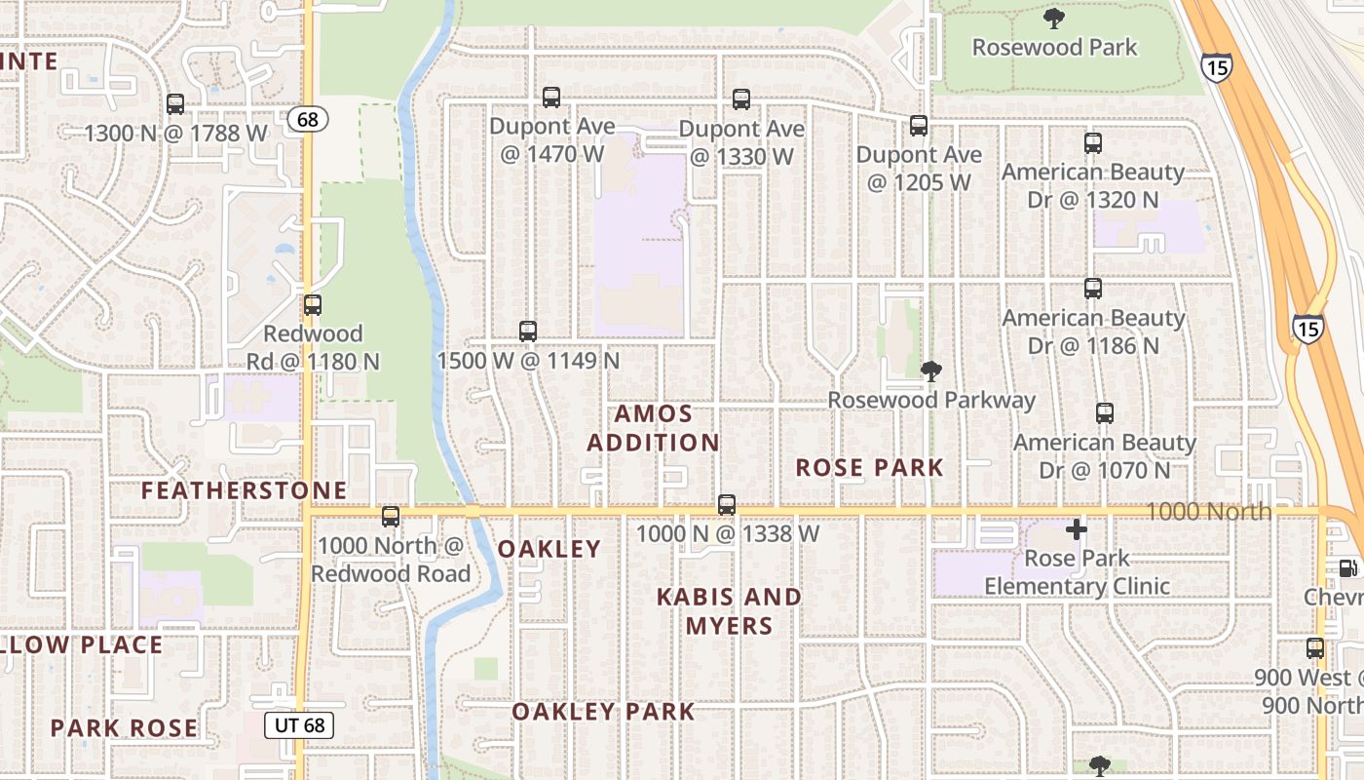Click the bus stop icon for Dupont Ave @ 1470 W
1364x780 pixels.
(x=551, y=97)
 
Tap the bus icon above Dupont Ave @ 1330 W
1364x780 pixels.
(x=741, y=99)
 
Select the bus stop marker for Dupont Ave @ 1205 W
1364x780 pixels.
(x=919, y=126)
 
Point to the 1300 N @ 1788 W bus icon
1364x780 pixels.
(x=175, y=104)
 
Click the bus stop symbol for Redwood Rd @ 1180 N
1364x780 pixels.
(x=313, y=305)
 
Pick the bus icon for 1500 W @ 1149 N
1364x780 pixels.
(x=528, y=331)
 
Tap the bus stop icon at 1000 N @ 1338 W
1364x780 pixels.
(x=727, y=505)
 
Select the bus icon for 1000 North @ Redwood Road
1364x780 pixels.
(x=391, y=517)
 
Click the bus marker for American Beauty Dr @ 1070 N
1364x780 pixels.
(x=1105, y=413)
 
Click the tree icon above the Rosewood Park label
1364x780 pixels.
(x=1054, y=19)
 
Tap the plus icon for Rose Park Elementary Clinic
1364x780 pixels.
(x=1077, y=530)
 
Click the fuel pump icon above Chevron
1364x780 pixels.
(x=1348, y=567)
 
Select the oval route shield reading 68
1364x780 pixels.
(x=308, y=120)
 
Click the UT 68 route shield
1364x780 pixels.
(x=299, y=724)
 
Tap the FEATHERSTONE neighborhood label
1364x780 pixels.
(x=245, y=490)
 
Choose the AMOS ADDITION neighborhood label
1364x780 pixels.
(x=653, y=428)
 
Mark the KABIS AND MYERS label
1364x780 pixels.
(x=729, y=611)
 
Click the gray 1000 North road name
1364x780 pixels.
(x=1208, y=511)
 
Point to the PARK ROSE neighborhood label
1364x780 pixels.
(x=124, y=728)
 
